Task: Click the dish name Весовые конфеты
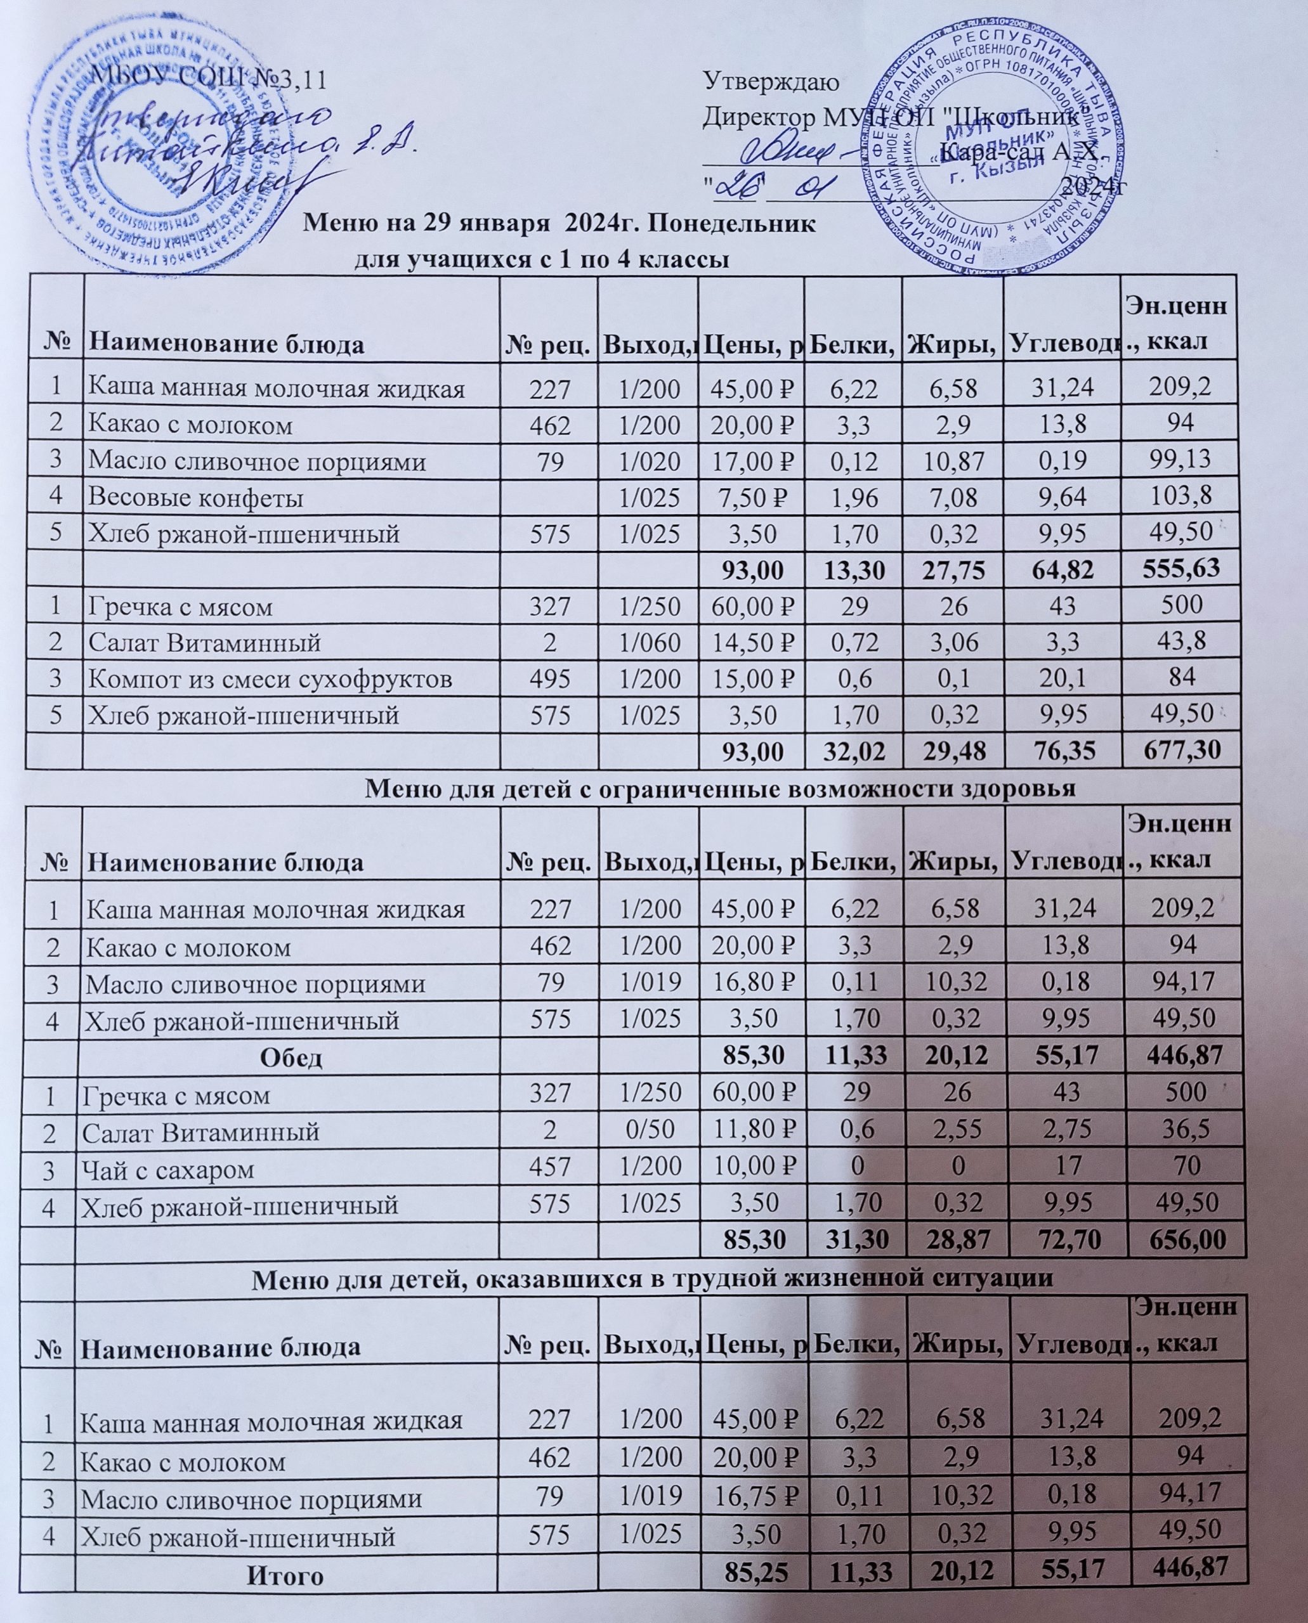click(197, 498)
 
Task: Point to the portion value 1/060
click(648, 643)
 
